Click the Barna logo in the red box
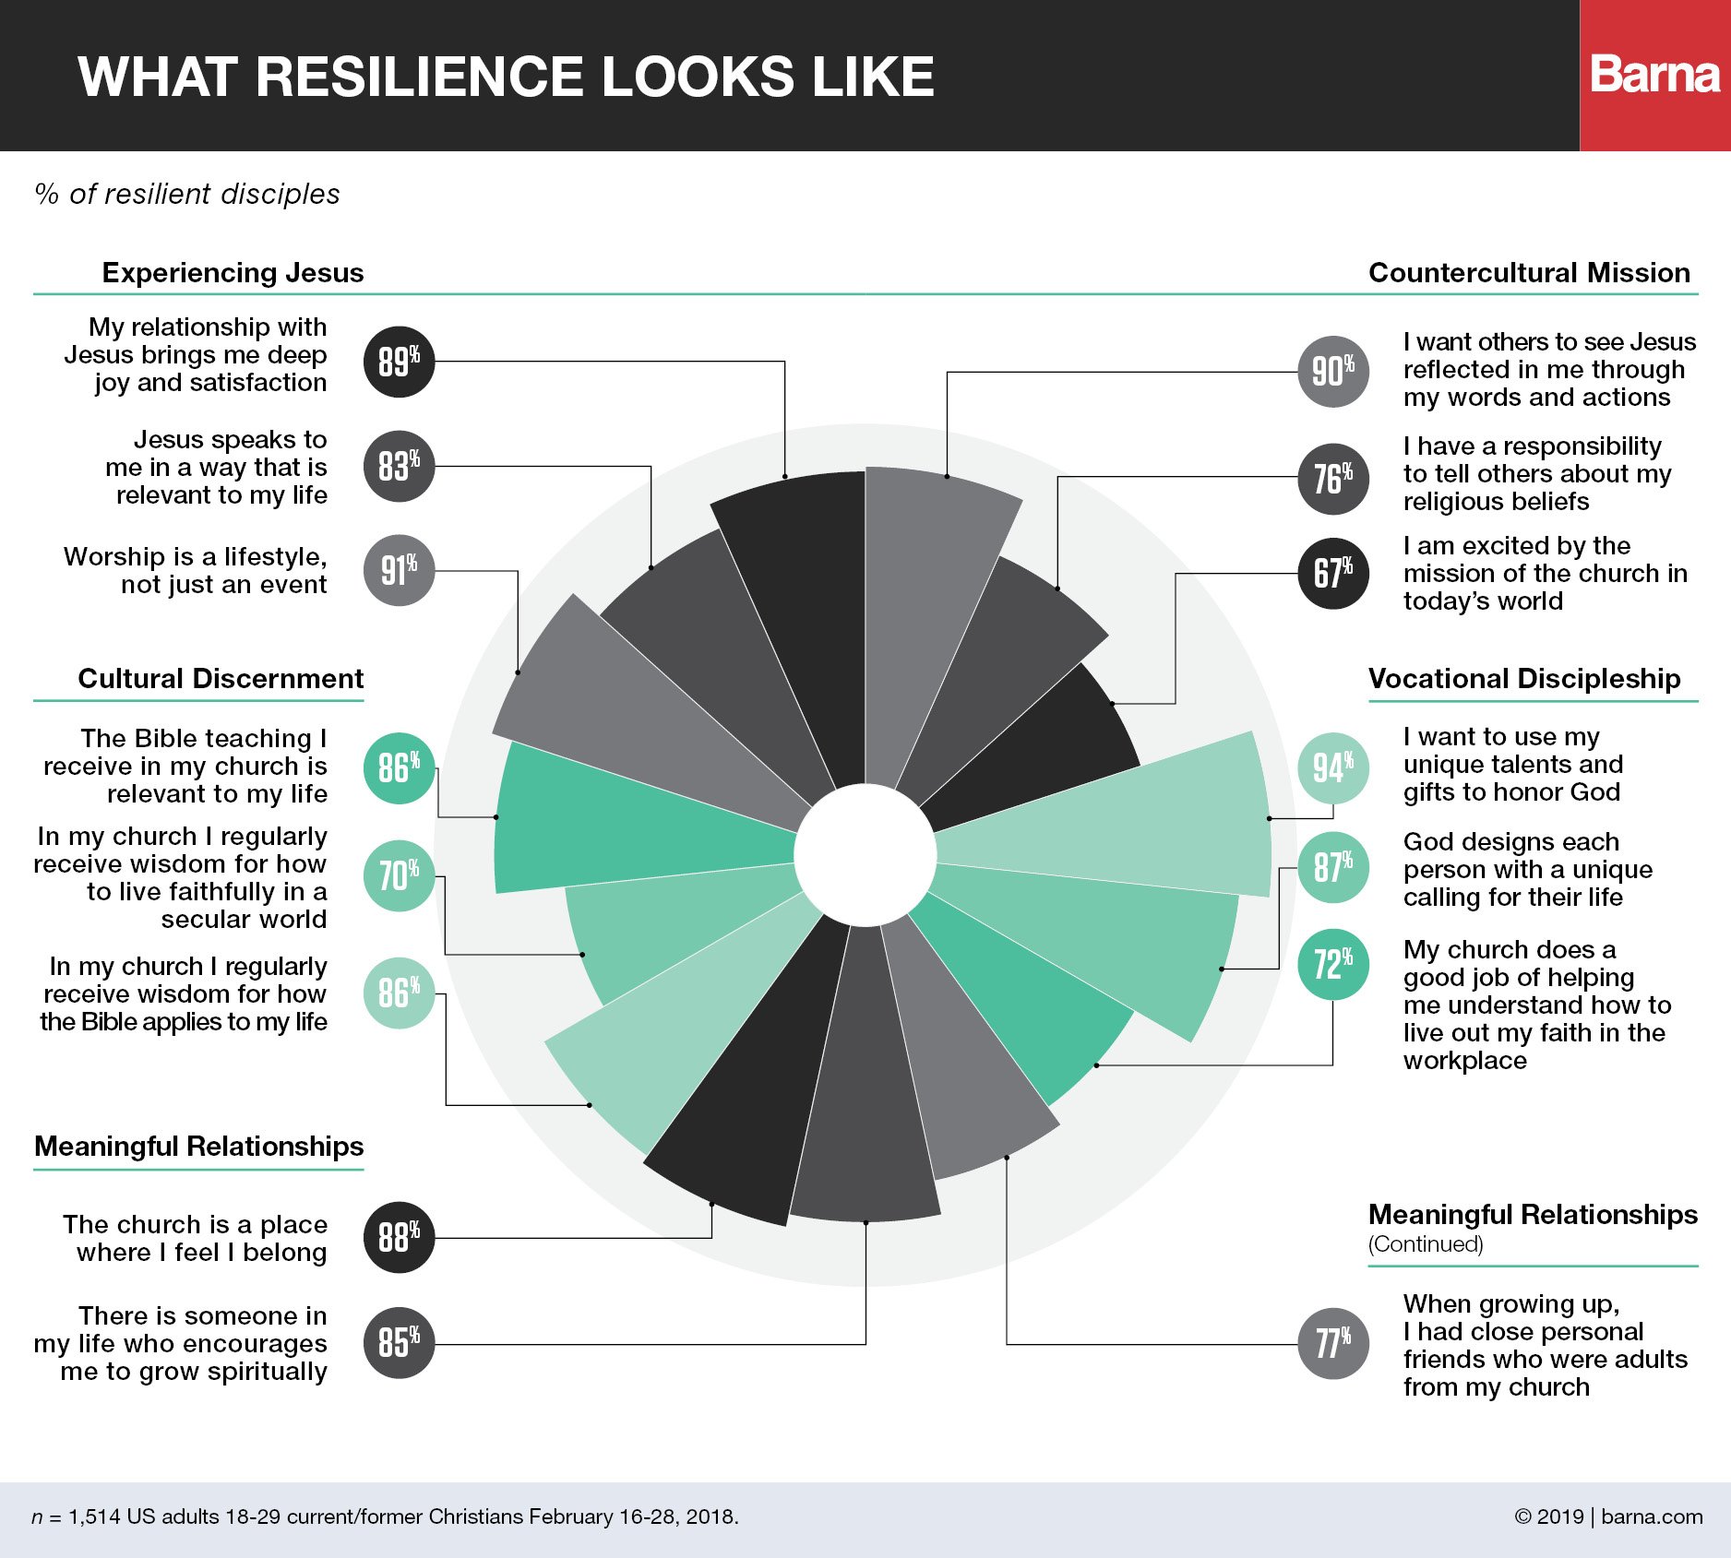[1654, 75]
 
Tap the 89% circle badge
[399, 362]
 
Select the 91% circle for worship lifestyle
[399, 570]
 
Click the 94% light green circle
[1333, 767]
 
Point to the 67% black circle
[1333, 573]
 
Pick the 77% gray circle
[1333, 1343]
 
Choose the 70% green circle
[399, 875]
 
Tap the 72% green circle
[1333, 964]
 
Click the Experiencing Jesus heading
[233, 273]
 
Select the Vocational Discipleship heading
[1524, 679]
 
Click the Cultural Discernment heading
[221, 679]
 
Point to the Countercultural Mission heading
[1529, 273]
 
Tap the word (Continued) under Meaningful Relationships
[1426, 1244]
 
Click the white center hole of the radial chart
[865, 854]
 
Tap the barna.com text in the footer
[1652, 1516]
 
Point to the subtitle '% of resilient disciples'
[187, 194]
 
